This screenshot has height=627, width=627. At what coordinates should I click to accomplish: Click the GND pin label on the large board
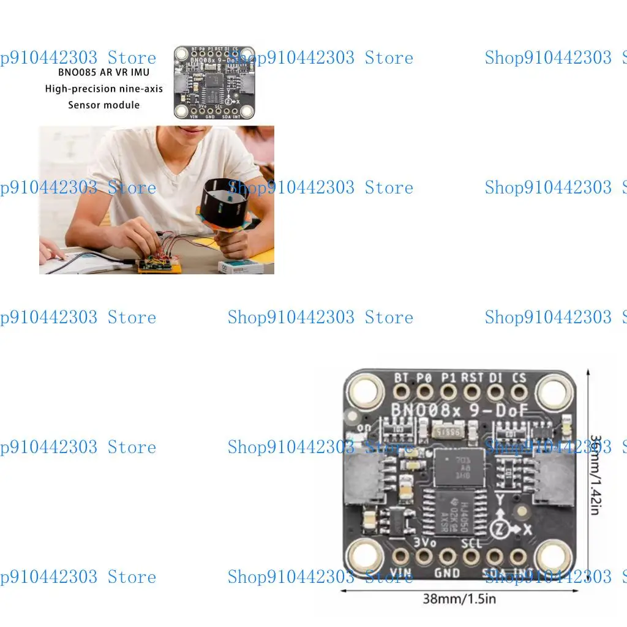(447, 574)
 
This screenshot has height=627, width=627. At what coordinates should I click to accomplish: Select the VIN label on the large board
(400, 575)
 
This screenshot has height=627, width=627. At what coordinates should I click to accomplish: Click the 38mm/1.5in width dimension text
(459, 598)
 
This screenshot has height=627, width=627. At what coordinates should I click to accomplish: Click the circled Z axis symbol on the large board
(500, 526)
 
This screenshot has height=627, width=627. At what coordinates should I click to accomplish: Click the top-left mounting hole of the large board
(366, 391)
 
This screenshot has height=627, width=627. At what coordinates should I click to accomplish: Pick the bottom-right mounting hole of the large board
(553, 556)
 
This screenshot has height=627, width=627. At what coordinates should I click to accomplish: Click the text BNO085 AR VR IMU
(104, 72)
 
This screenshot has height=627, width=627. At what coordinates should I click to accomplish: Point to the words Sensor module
(104, 105)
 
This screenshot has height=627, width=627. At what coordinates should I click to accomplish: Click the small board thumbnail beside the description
(214, 82)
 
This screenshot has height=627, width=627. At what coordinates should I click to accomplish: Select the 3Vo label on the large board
(424, 542)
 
